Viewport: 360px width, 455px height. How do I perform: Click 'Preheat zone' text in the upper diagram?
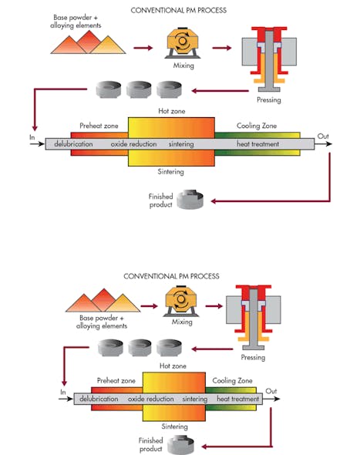pyautogui.click(x=97, y=126)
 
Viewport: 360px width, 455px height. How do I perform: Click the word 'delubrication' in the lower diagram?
pyautogui.click(x=98, y=399)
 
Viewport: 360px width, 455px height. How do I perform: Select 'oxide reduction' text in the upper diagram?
pyautogui.click(x=134, y=144)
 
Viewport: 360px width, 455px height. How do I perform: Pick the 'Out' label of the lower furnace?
pyautogui.click(x=271, y=391)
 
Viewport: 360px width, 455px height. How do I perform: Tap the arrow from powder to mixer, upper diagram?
pyautogui.click(x=143, y=48)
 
